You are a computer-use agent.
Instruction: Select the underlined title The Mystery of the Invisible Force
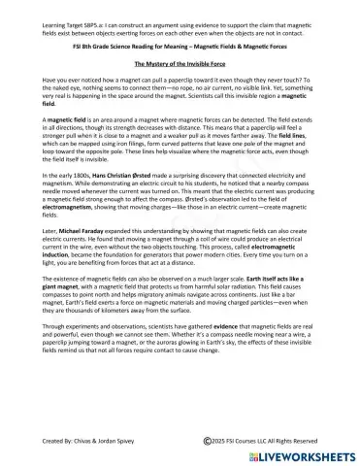click(180, 63)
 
